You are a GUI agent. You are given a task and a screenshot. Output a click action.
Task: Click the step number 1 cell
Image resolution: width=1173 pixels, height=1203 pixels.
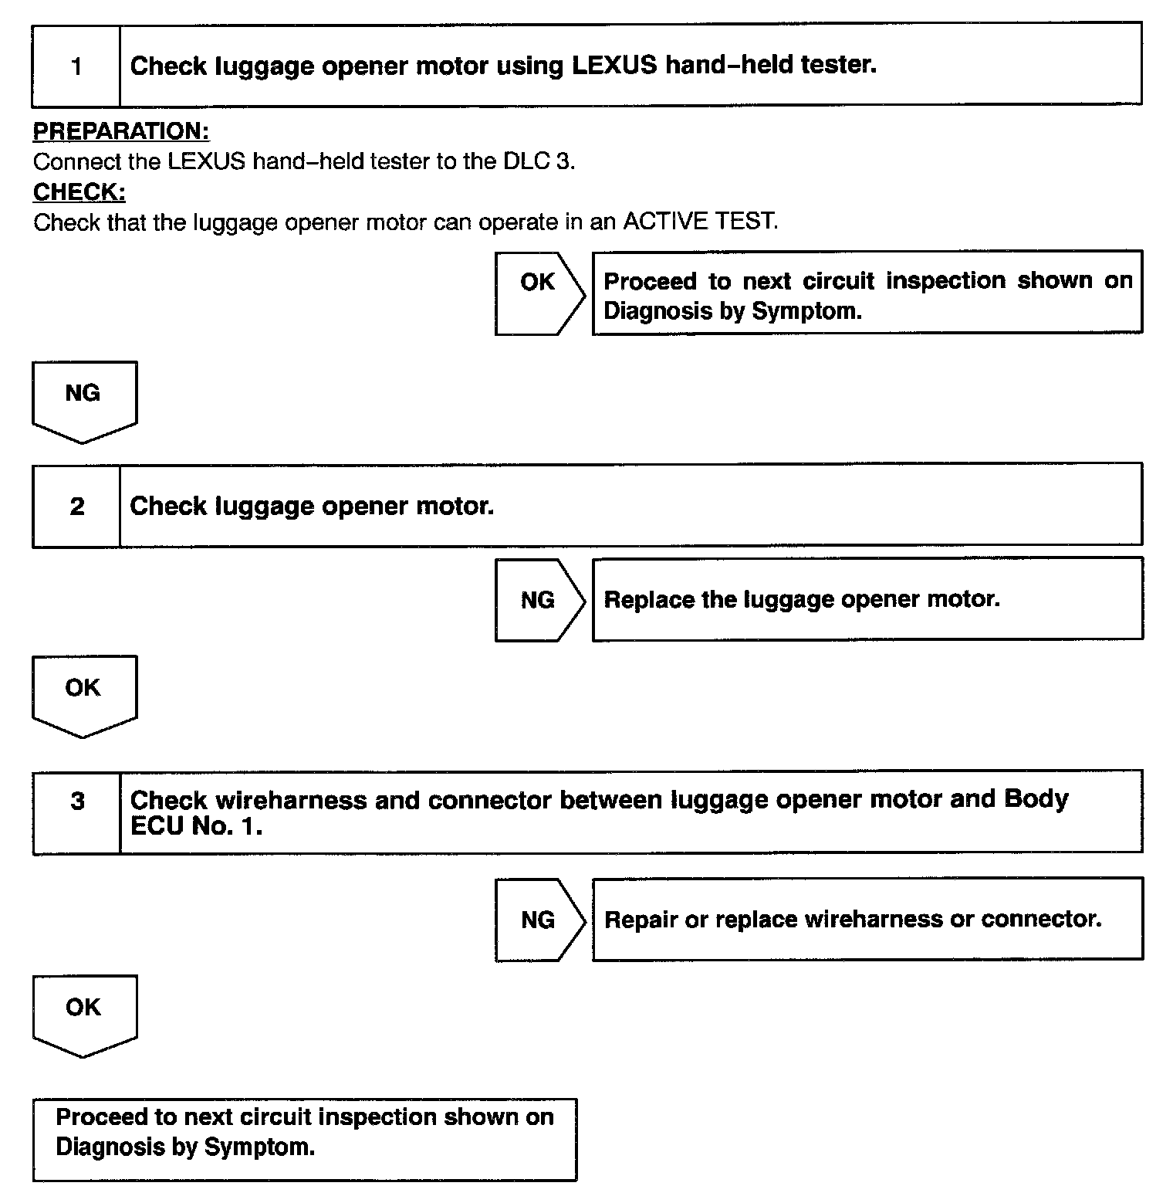[x=76, y=66]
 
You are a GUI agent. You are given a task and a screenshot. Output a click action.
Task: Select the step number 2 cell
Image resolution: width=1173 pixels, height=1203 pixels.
[x=76, y=507]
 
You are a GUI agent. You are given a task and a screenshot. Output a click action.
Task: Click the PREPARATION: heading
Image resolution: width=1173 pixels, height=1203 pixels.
[x=121, y=131]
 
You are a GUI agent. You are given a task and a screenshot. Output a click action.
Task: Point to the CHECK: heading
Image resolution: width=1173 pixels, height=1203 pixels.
[x=79, y=191]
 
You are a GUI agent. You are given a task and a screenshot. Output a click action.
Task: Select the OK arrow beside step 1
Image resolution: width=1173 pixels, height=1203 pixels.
[x=539, y=293]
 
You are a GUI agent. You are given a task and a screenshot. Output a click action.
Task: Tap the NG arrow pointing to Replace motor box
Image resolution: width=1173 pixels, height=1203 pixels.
[x=539, y=600]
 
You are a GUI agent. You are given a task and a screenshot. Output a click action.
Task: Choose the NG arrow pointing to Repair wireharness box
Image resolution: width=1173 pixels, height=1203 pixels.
[x=539, y=920]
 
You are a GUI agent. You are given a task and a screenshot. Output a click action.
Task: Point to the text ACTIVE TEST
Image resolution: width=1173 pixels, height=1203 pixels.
[x=699, y=222]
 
